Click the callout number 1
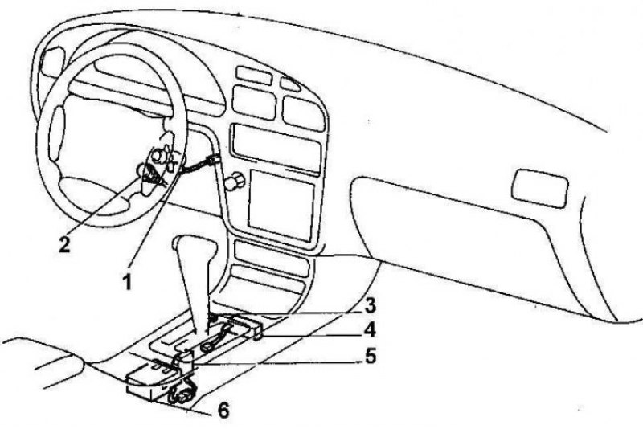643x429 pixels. (x=128, y=282)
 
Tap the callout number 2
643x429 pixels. (x=65, y=244)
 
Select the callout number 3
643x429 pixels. (x=370, y=305)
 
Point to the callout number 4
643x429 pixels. (x=370, y=330)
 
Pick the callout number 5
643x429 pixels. (x=371, y=356)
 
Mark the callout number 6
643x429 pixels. (x=223, y=411)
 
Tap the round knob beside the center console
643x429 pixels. (x=235, y=180)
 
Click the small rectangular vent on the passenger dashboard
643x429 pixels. (x=540, y=188)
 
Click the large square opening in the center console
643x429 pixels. (x=282, y=205)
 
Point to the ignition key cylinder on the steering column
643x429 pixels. (x=158, y=156)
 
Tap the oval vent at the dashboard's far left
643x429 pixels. (x=53, y=62)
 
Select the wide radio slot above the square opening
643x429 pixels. (x=276, y=145)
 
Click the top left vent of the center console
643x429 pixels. (x=254, y=76)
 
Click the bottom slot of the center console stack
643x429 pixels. (x=267, y=282)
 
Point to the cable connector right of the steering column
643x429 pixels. (x=213, y=160)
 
